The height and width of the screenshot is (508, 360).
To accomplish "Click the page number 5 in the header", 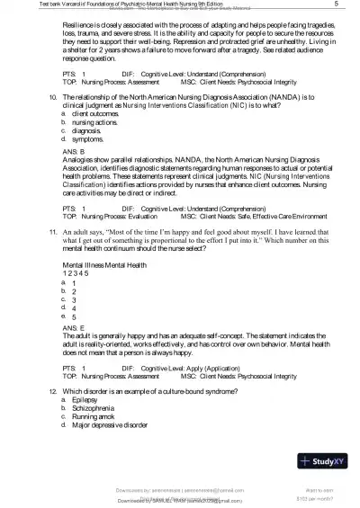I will (x=334, y=5).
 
